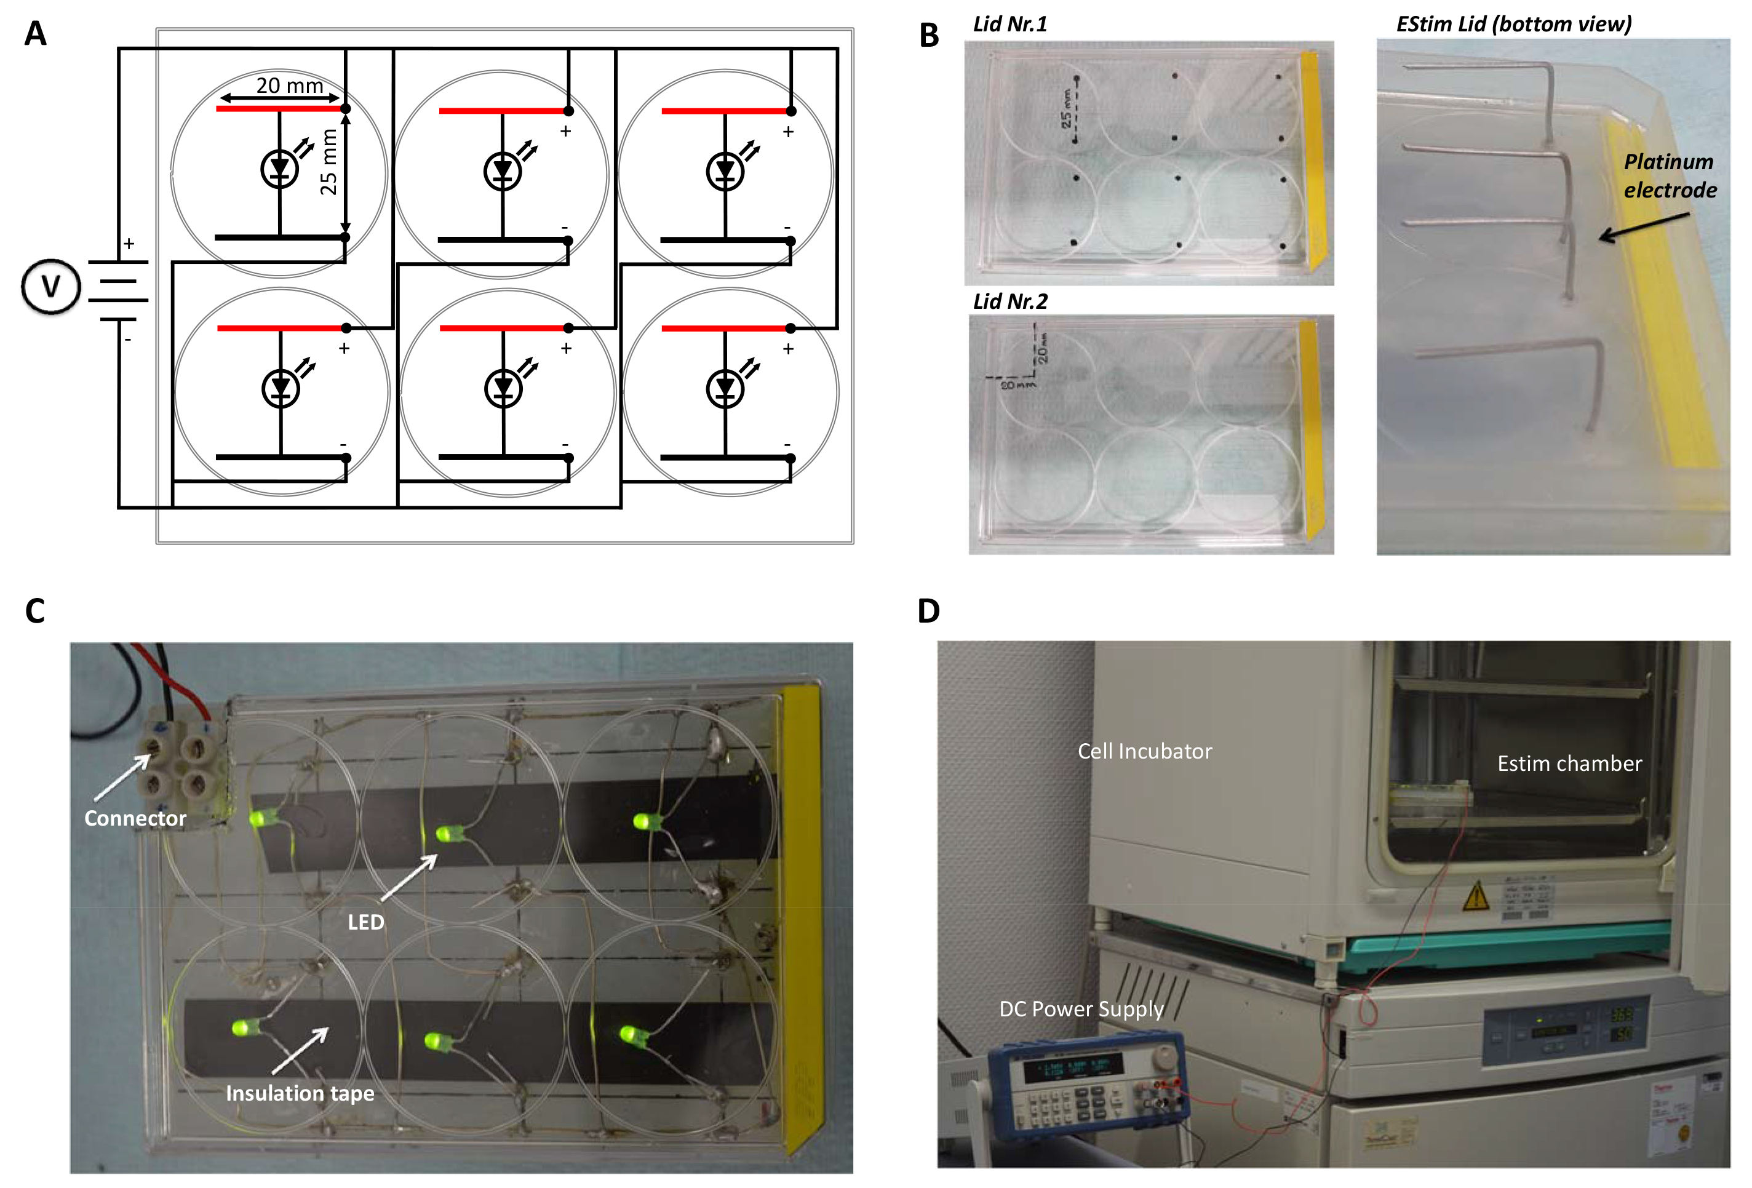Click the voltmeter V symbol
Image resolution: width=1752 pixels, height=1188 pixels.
tap(50, 287)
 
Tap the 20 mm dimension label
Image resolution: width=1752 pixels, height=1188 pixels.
tap(290, 85)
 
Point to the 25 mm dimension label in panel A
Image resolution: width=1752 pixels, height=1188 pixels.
tap(328, 162)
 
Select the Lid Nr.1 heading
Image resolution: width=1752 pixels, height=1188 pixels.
tap(1010, 24)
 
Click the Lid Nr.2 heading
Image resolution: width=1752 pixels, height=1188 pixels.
tap(1010, 301)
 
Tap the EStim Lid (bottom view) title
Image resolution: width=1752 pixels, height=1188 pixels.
tap(1514, 24)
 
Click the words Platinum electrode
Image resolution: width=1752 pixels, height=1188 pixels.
tap(1669, 175)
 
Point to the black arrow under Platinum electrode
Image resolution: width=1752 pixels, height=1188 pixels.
tap(1644, 227)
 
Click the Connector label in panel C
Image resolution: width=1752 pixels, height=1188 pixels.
tap(135, 818)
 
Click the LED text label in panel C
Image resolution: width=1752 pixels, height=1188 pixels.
tap(365, 922)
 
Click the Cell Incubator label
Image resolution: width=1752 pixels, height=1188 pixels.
tap(1144, 751)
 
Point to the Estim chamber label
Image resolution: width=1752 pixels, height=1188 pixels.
tap(1569, 763)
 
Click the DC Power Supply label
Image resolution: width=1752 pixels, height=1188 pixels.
tap(1081, 1008)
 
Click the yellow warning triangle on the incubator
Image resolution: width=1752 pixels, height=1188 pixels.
tap(1475, 896)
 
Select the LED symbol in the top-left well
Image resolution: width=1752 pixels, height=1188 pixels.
tap(280, 169)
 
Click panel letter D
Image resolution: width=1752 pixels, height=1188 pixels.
tap(929, 610)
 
